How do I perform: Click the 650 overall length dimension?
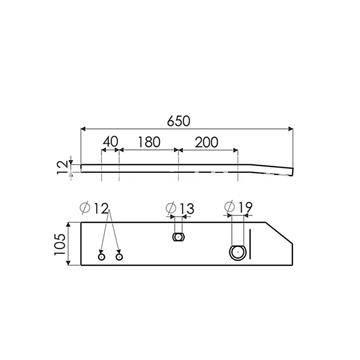click(x=178, y=122)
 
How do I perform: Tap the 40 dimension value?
click(x=110, y=142)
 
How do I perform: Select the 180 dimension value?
click(x=149, y=142)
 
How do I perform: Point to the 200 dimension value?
click(x=207, y=142)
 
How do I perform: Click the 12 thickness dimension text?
click(x=63, y=167)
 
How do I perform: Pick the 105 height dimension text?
click(x=60, y=244)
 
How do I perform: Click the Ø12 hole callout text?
click(x=95, y=209)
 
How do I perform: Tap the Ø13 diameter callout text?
click(x=180, y=209)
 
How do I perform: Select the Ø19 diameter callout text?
click(x=238, y=207)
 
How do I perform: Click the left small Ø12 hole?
click(x=102, y=257)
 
